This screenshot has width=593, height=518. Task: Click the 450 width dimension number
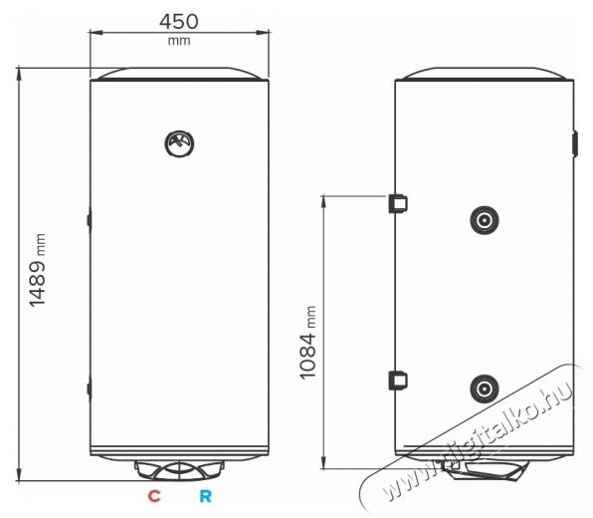pyautogui.click(x=178, y=22)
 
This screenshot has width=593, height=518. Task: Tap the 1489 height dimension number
pyautogui.click(x=38, y=283)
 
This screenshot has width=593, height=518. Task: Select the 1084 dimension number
pyautogui.click(x=307, y=356)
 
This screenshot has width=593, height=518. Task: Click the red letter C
pyautogui.click(x=154, y=496)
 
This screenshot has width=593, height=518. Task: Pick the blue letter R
pyautogui.click(x=205, y=496)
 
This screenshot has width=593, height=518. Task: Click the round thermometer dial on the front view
pyautogui.click(x=179, y=143)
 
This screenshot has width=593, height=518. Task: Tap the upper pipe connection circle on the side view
pyautogui.click(x=485, y=220)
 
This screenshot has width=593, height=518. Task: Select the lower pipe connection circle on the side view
pyautogui.click(x=485, y=388)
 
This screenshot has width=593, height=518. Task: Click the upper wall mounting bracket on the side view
pyautogui.click(x=398, y=203)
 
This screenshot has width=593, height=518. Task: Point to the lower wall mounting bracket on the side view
pyautogui.click(x=398, y=381)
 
